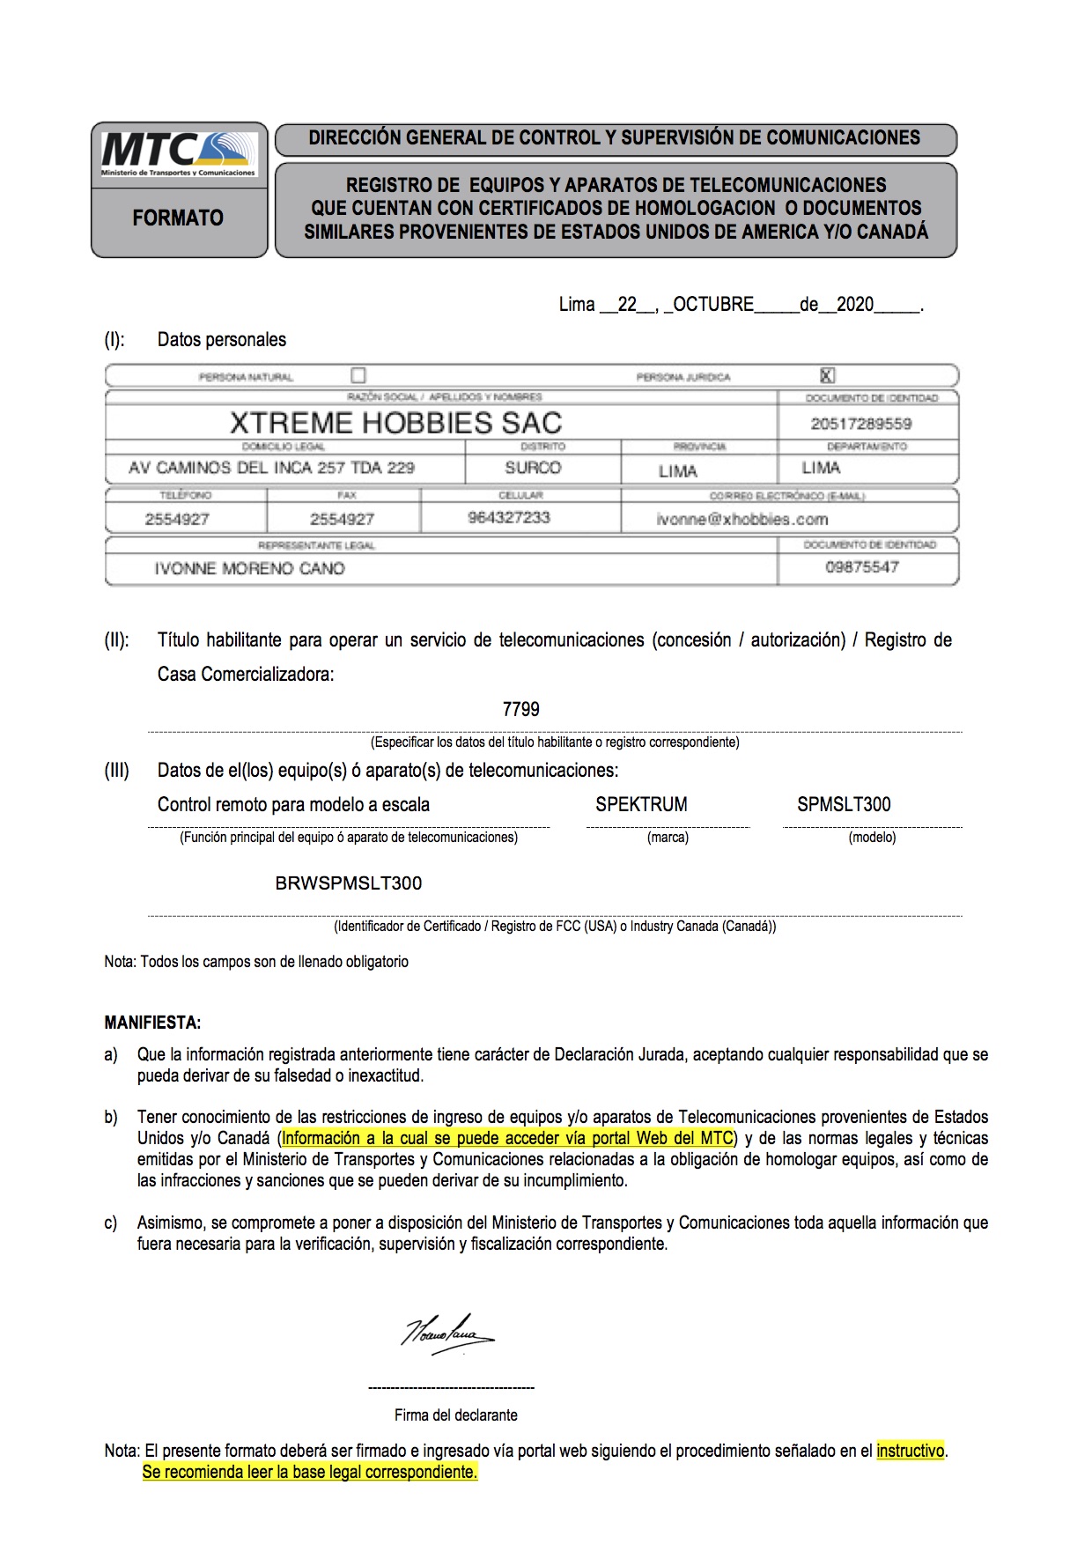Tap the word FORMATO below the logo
(x=178, y=218)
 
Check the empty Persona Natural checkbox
(x=358, y=375)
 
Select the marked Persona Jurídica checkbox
(x=827, y=375)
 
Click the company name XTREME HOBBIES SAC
(x=395, y=423)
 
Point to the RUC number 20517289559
(x=861, y=424)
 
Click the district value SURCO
(x=533, y=468)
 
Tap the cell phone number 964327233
(x=509, y=518)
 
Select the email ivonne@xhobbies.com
(x=742, y=519)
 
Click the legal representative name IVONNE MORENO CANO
(x=249, y=568)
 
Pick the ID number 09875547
(x=862, y=567)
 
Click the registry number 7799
(x=520, y=709)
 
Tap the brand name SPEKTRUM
(x=641, y=804)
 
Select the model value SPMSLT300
(x=844, y=804)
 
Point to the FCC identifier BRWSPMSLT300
(x=349, y=883)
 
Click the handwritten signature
(x=448, y=1333)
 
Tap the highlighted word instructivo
(x=911, y=1451)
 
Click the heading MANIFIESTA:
(x=152, y=1023)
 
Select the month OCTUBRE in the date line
(x=713, y=305)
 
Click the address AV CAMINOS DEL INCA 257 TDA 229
(x=271, y=468)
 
